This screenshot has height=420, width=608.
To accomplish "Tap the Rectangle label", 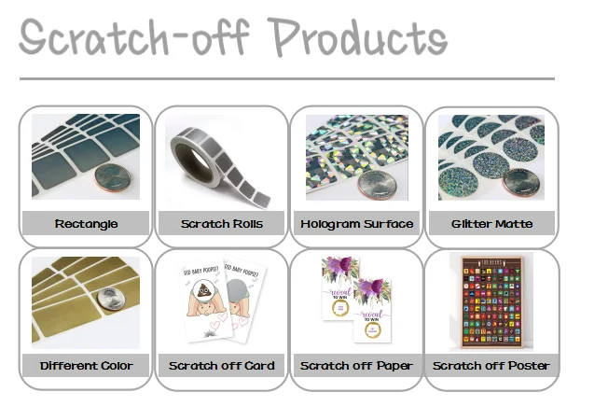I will (x=86, y=224).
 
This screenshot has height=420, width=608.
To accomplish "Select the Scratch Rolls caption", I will (x=222, y=224).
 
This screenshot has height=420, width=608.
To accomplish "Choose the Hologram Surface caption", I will (x=356, y=224).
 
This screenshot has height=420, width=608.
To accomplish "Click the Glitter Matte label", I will (x=491, y=224).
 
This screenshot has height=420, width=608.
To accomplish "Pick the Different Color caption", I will (x=86, y=366).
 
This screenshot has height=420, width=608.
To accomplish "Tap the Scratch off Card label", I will (x=222, y=366).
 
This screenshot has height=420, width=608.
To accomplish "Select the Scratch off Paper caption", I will (x=356, y=366).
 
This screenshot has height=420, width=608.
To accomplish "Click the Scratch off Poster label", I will (x=491, y=366).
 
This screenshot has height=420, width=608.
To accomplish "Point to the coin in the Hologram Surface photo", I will (x=377, y=182).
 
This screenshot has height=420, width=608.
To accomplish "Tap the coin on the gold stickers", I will (x=111, y=298).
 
